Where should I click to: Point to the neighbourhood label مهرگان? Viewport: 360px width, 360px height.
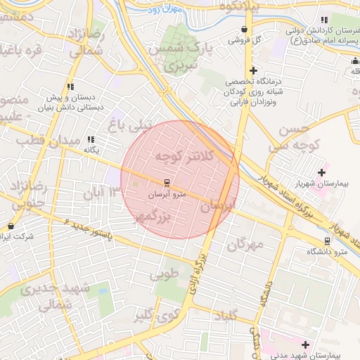coord(245,244)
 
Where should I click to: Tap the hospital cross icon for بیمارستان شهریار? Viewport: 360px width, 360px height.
coord(322,172)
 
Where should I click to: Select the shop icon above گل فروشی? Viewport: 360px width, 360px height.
coord(244,30)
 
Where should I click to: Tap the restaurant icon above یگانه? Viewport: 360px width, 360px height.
coord(90,140)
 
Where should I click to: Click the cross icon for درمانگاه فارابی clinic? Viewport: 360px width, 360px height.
coord(253,71)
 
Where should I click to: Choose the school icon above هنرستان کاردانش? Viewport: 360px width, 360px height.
coord(324,20)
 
